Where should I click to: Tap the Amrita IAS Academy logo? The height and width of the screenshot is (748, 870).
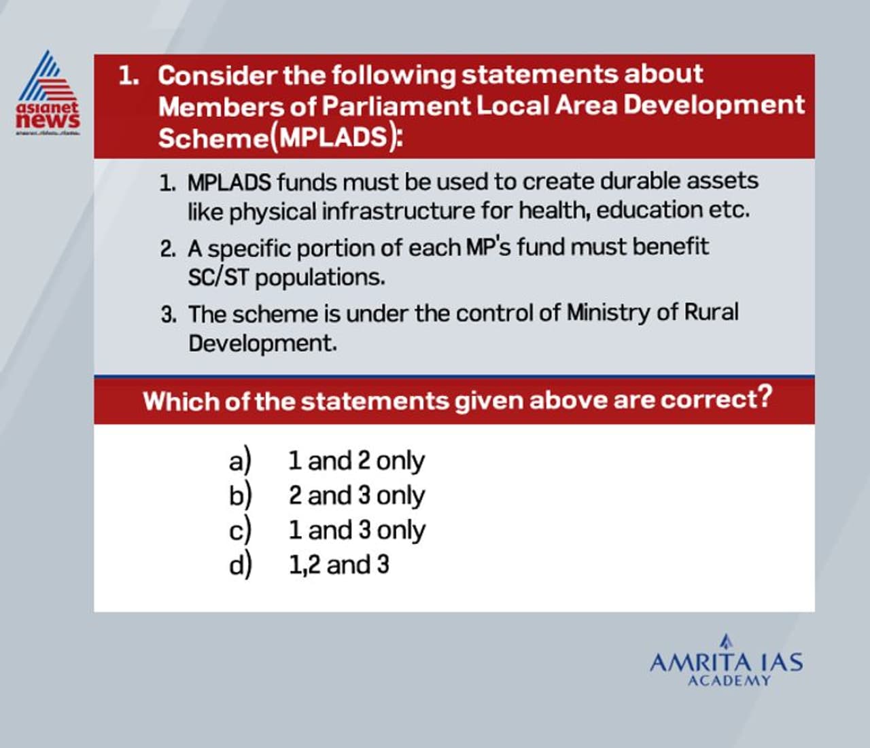(726, 662)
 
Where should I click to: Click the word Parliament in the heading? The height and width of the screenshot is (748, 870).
(396, 106)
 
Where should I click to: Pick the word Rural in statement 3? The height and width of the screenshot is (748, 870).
(710, 313)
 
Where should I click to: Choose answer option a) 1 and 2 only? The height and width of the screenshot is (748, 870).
(327, 461)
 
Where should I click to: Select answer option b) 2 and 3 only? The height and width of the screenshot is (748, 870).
(327, 495)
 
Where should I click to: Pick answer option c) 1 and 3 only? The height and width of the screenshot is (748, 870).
(327, 530)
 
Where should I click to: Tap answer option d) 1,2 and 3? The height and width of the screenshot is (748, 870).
(309, 565)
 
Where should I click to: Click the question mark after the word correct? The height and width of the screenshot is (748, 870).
(765, 396)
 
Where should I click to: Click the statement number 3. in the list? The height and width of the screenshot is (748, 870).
(169, 315)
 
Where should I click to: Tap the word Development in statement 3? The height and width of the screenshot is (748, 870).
(262, 343)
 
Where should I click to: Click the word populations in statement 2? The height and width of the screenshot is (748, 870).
(319, 277)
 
